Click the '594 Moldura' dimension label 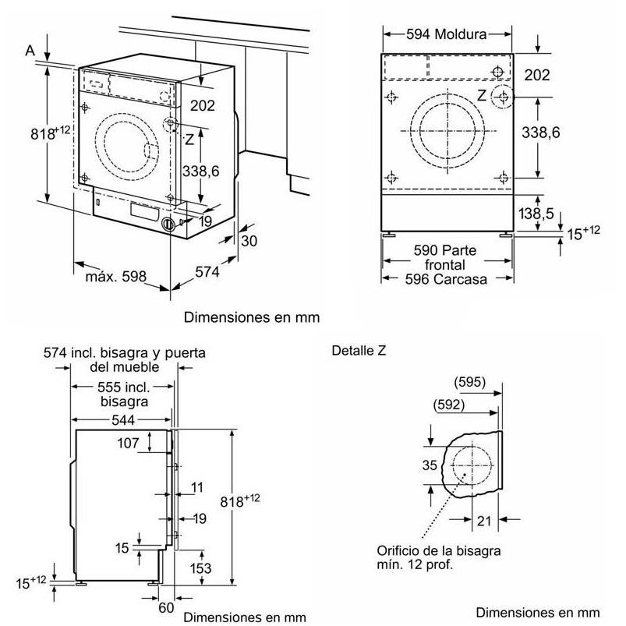tap(447, 34)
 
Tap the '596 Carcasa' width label tap(446, 279)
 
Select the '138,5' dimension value tap(536, 214)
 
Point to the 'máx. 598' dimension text tap(116, 276)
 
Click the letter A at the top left tap(30, 51)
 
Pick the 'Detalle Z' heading tap(359, 350)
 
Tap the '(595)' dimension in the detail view tap(469, 382)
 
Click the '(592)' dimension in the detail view tap(449, 405)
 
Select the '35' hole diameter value tap(430, 465)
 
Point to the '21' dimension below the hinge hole tap(484, 521)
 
